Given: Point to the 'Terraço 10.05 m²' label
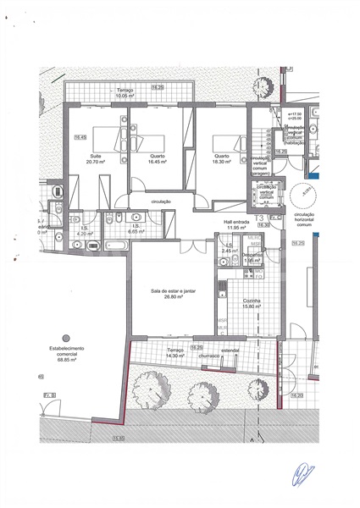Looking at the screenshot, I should (x=125, y=93).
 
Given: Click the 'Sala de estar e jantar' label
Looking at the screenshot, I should (x=173, y=294).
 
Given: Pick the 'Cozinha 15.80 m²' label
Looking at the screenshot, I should (x=249, y=305).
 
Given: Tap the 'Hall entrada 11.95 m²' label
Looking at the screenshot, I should (x=239, y=225).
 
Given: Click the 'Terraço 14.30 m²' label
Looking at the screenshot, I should (x=174, y=353).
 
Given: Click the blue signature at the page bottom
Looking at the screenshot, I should (x=302, y=475).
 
